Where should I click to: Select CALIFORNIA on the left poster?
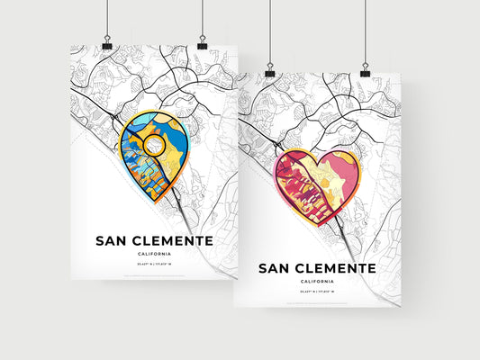(153, 255)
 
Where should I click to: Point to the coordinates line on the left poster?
(153, 265)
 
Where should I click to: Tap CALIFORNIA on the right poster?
(318, 283)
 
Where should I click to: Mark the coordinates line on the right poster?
(318, 293)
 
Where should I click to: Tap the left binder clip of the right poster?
(270, 67)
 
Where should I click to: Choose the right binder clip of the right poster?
(365, 67)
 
